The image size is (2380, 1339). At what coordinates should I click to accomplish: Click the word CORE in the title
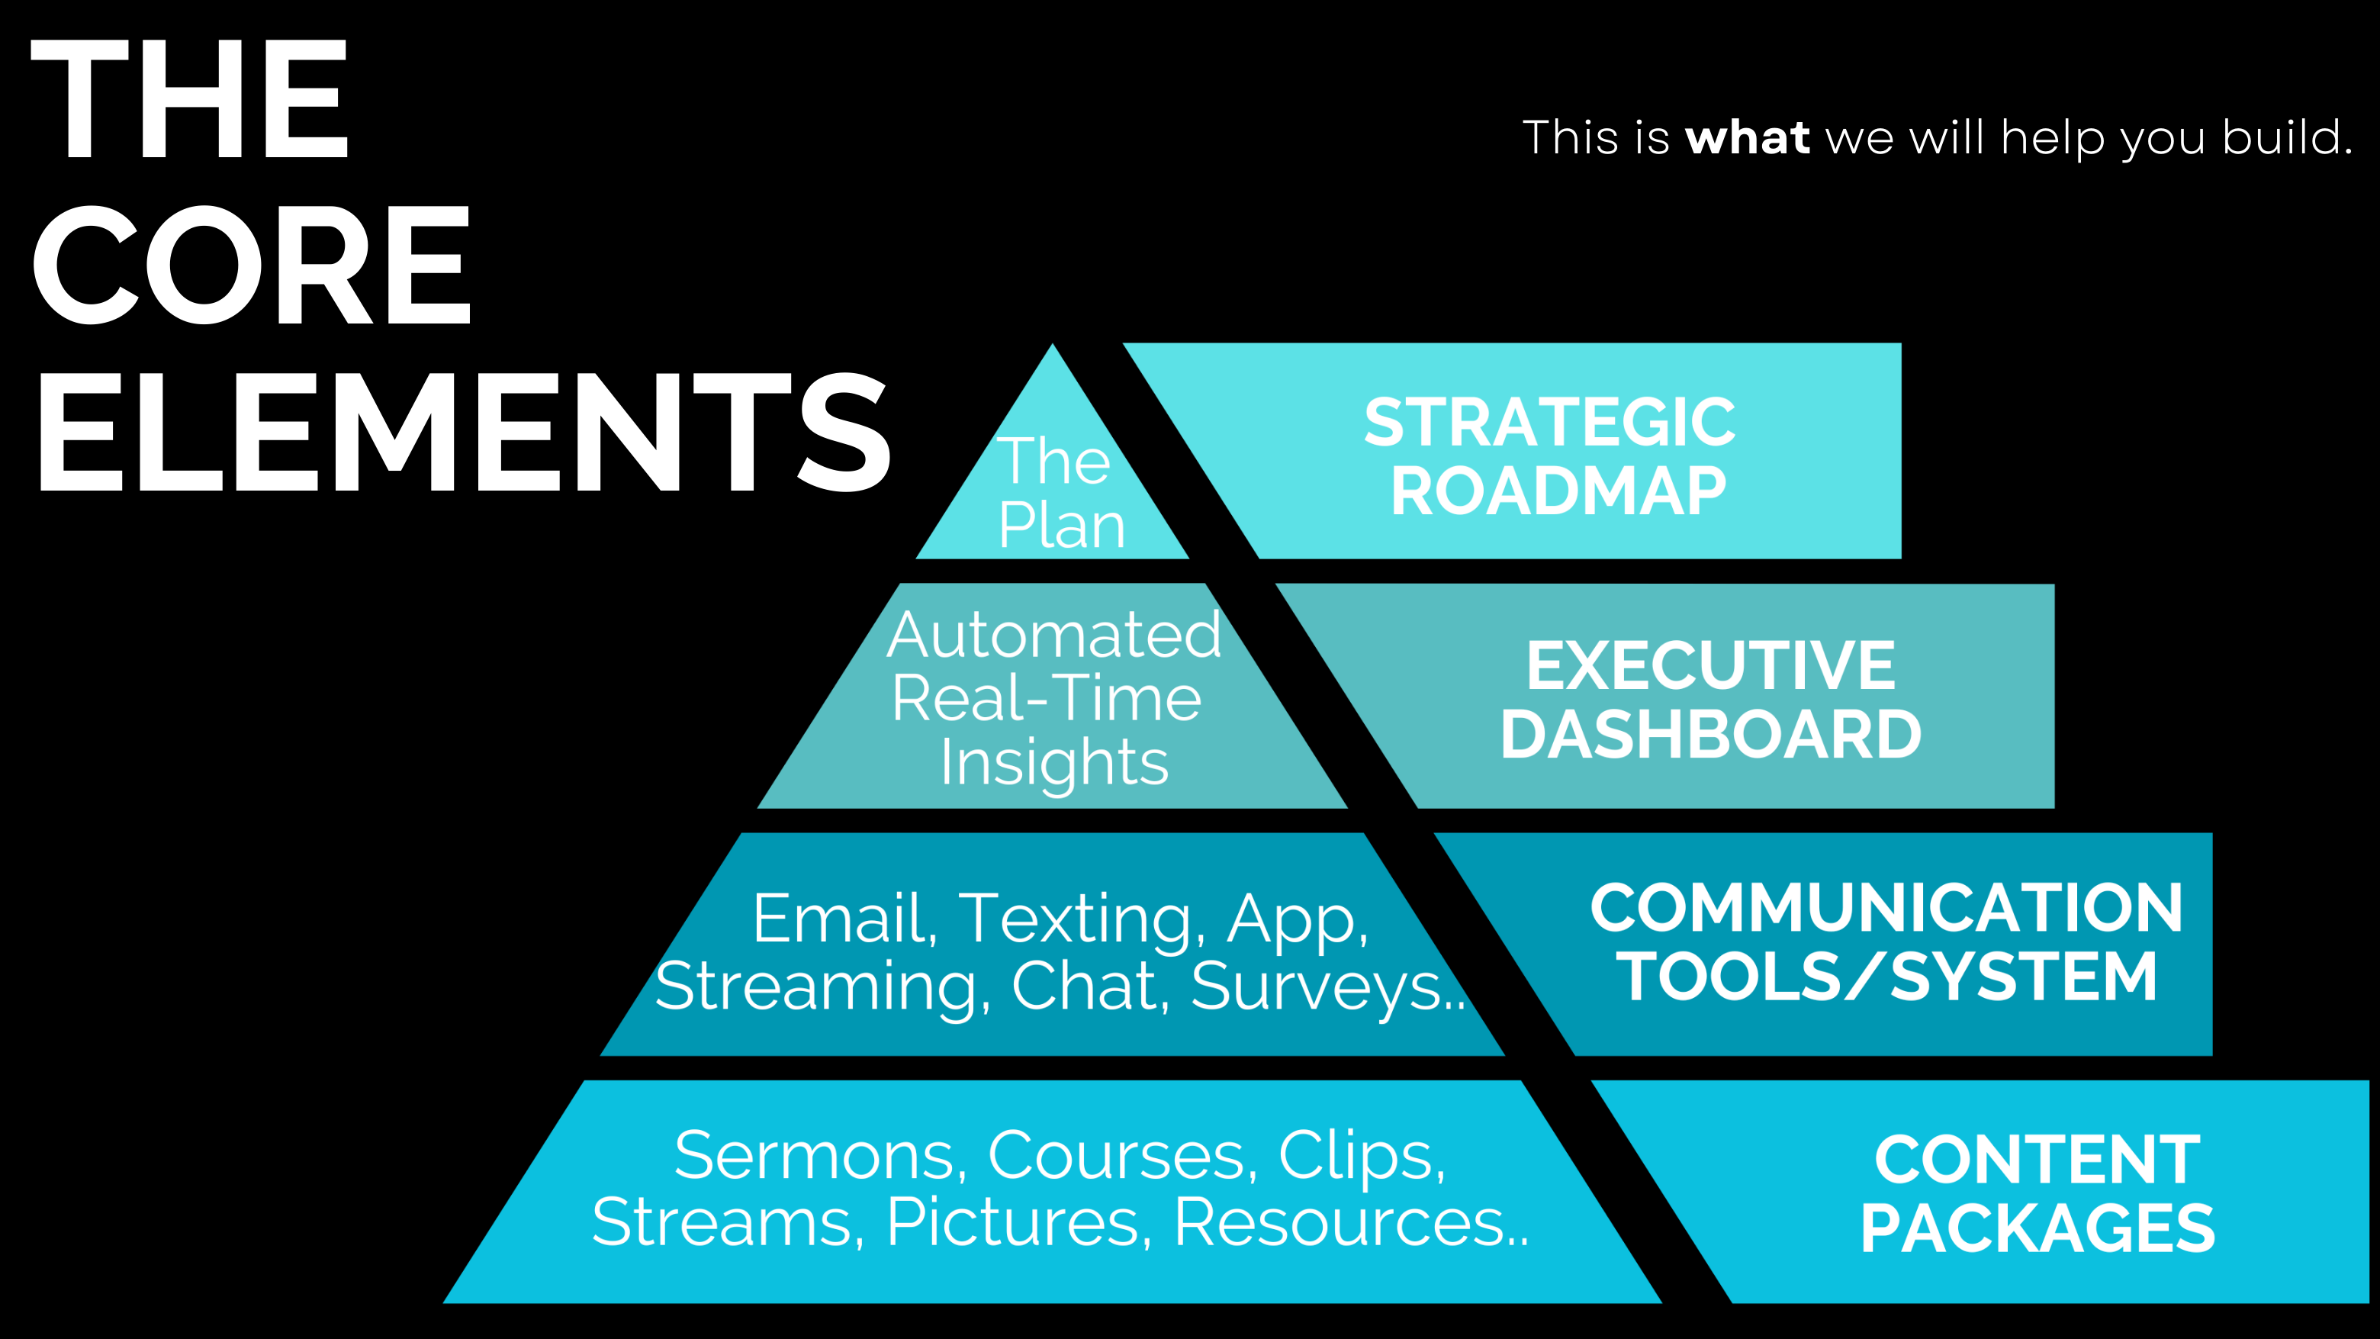251,266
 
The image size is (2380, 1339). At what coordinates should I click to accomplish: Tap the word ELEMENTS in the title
462,432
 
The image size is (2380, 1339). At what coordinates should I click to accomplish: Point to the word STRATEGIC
1549,423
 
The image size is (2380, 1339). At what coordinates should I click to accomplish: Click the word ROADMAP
1558,491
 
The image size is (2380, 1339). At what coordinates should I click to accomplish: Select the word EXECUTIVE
1710,665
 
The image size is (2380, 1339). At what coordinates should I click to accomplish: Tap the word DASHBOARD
1710,735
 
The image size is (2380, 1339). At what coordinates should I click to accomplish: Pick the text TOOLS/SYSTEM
1886,977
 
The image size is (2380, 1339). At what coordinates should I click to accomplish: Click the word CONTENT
2037,1160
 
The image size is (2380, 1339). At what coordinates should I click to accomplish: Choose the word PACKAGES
2037,1229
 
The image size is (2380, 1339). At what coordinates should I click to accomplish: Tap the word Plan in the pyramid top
1062,525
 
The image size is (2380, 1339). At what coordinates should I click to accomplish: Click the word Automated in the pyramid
1054,635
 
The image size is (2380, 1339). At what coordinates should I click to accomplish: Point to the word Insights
1054,762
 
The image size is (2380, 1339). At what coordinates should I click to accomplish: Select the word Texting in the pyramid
1082,919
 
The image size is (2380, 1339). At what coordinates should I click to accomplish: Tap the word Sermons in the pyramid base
821,1155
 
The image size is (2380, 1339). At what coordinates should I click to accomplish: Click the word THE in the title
189,99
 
